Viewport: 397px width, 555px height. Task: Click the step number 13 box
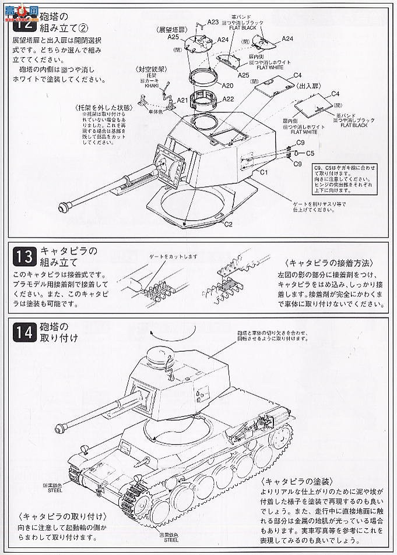(24, 257)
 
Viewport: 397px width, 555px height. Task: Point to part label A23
(213, 22)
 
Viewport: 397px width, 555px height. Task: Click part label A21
(182, 100)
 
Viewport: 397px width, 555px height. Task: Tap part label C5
(310, 153)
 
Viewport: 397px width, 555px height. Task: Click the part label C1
(264, 172)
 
